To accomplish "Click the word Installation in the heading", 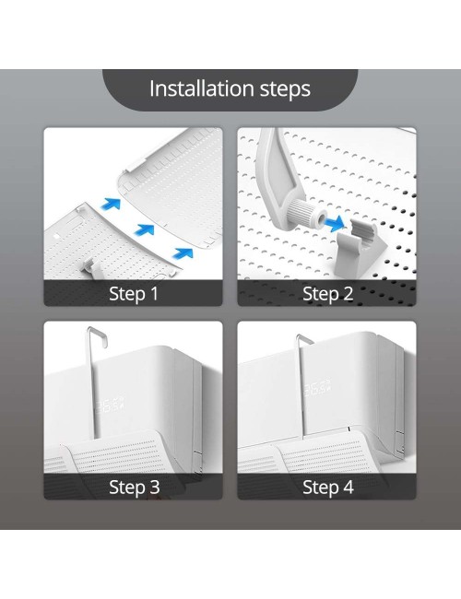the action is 201,88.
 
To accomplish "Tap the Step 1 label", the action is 134,294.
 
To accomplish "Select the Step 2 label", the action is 327,294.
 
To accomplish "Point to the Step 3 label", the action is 135,487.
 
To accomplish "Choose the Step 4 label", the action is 328,487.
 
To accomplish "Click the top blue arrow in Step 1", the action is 111,204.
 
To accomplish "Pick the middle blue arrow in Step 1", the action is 144,230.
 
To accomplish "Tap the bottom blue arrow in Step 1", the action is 183,253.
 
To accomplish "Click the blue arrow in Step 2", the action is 335,223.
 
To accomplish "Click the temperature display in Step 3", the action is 110,405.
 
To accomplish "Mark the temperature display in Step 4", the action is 316,389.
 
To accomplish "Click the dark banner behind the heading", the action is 230,90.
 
